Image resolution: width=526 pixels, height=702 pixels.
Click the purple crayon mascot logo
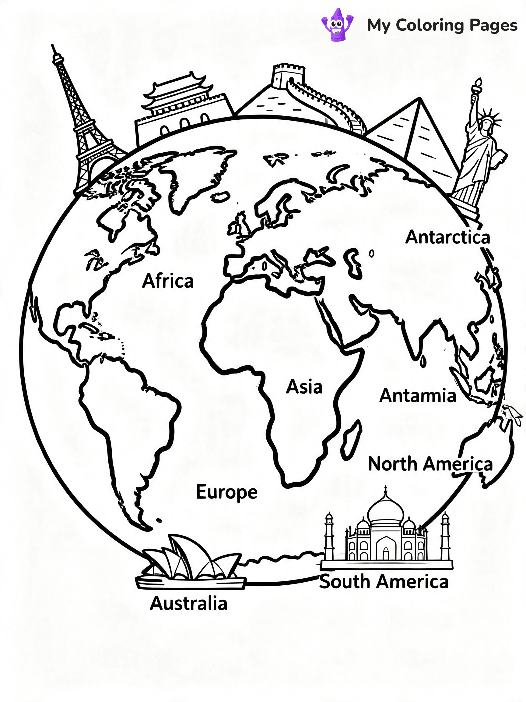pos(337,25)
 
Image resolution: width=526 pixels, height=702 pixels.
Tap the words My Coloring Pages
pos(442,25)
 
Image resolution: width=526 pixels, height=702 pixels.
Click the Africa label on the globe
pos(167,281)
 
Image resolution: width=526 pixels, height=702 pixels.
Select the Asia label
pos(304,387)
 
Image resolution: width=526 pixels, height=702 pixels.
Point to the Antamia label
pos(418,396)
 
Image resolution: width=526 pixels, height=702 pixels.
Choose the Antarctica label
pos(447,237)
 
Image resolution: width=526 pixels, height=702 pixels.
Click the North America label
pos(430,464)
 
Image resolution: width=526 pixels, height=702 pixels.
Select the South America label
pos(384,582)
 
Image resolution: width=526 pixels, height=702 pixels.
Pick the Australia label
pos(188,603)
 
